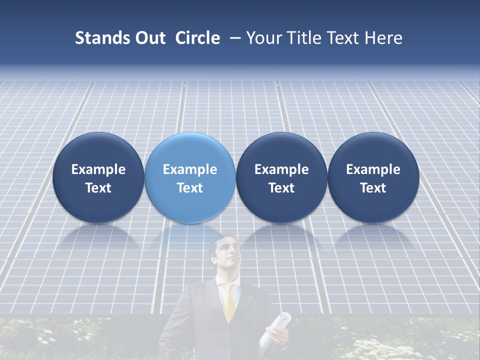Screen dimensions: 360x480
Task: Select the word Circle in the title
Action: click(197, 38)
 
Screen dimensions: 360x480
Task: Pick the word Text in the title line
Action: click(342, 38)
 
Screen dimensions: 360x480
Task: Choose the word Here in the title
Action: click(383, 38)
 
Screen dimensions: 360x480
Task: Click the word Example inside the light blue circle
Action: click(190, 169)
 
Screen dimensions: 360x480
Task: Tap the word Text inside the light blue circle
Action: click(190, 188)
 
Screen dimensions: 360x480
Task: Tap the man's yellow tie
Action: click(229, 302)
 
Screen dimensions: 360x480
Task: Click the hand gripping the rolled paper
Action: click(274, 340)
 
